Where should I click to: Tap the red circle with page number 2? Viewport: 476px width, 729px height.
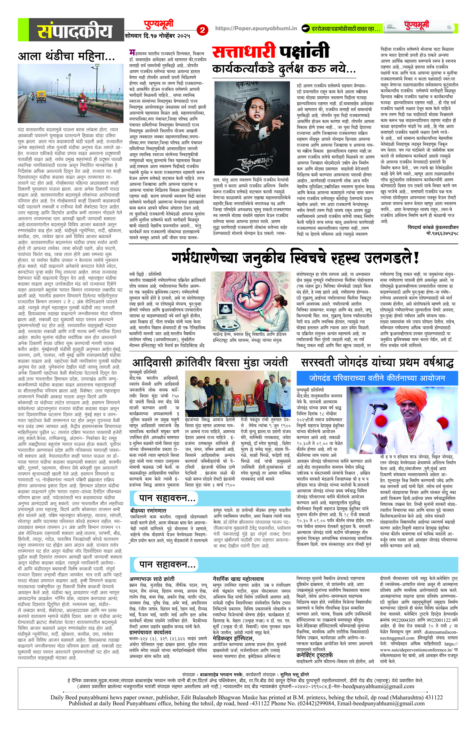coord(202,30)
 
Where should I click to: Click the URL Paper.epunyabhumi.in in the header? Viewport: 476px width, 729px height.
coord(256,28)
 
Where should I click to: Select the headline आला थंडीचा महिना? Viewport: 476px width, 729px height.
coord(66,56)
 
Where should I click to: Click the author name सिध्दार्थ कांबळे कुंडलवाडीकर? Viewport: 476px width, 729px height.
coord(433,227)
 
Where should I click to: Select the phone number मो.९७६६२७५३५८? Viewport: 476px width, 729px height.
coord(442,233)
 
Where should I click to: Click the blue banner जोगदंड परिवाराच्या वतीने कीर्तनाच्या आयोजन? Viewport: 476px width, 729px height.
coord(377,378)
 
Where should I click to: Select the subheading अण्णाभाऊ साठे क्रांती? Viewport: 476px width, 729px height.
coord(152,578)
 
